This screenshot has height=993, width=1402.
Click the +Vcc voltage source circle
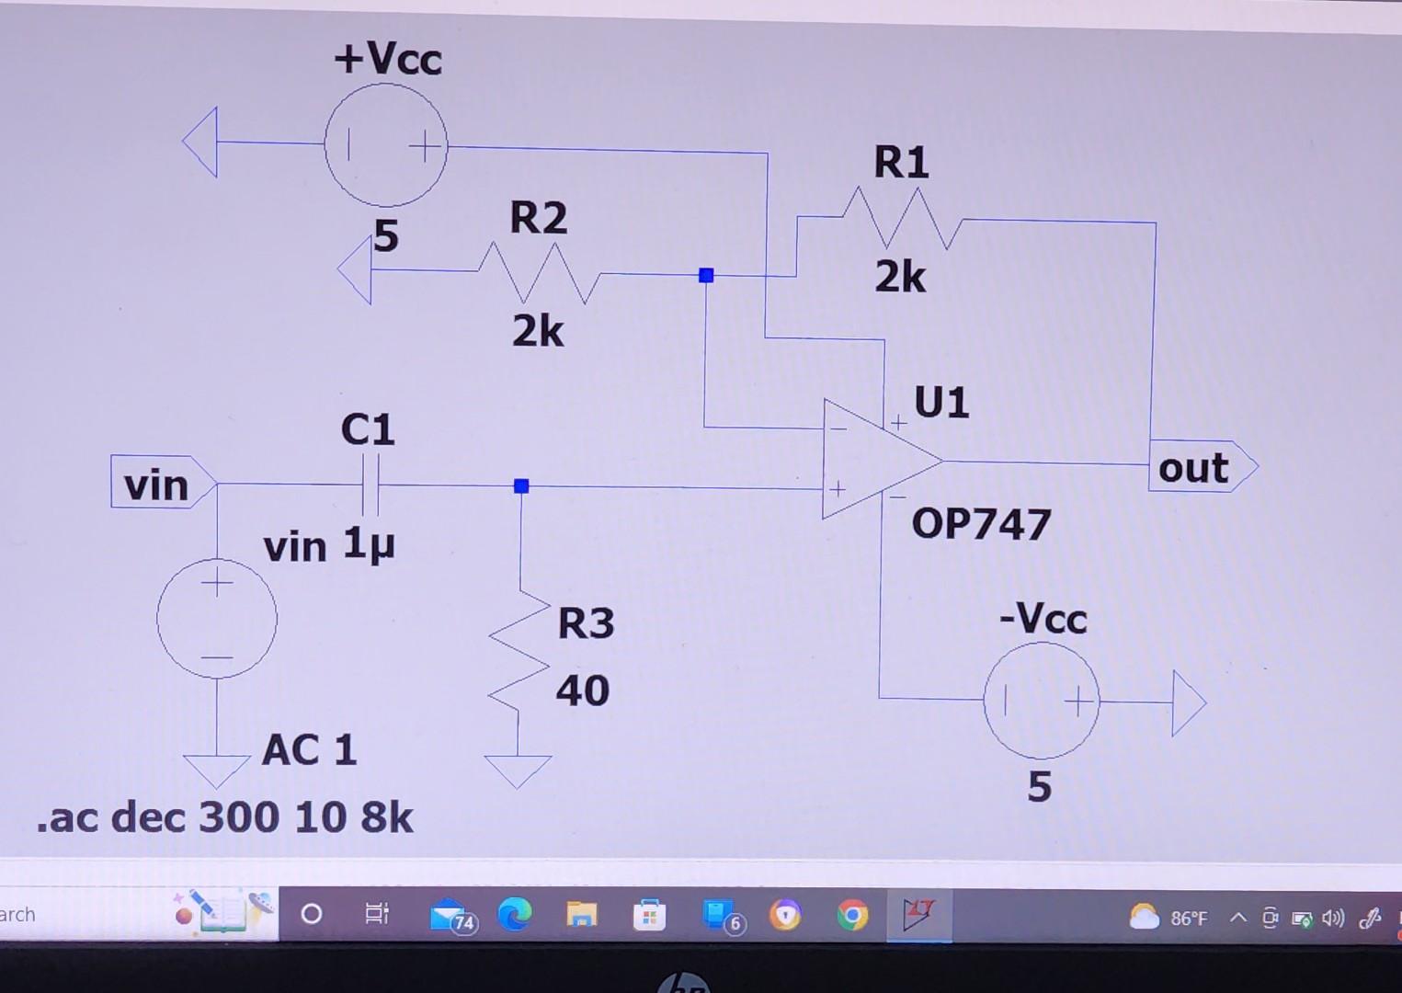[386, 145]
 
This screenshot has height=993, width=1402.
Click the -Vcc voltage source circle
[1041, 702]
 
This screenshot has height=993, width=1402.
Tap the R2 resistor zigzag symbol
[539, 274]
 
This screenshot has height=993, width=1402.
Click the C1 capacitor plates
[370, 485]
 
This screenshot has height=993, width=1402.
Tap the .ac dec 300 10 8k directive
[225, 817]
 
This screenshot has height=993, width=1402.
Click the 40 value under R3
[582, 691]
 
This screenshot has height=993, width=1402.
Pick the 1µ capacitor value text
[369, 543]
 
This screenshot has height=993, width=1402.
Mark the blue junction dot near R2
[706, 275]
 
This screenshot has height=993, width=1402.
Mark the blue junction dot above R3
[521, 485]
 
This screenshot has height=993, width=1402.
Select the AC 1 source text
[309, 750]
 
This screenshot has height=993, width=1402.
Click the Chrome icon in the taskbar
[851, 916]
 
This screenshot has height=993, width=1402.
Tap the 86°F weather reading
[1188, 918]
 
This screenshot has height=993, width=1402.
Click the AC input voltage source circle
[217, 619]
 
